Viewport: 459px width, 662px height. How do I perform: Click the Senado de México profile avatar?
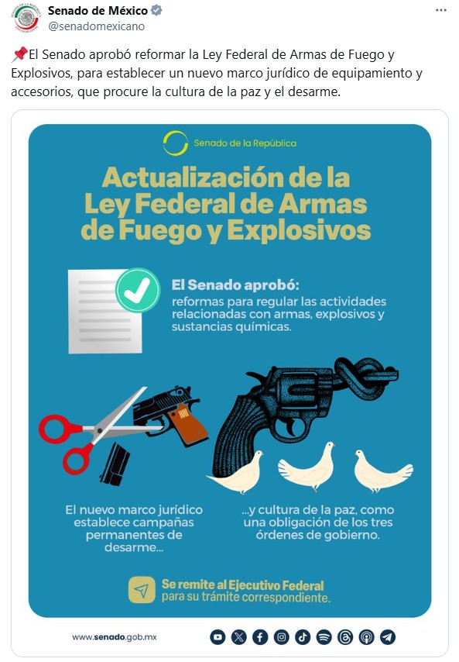26,18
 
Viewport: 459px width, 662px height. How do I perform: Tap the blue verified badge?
156,10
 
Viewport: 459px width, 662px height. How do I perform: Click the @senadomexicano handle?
97,26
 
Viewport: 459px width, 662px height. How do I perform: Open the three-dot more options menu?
441,10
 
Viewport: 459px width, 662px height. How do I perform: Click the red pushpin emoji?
19,54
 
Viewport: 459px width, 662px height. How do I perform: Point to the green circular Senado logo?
176,143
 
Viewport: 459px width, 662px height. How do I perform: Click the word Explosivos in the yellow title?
299,230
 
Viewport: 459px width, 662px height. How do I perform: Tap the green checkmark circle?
138,290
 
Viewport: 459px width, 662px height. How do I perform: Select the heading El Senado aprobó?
235,285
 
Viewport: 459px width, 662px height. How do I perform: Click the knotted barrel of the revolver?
366,378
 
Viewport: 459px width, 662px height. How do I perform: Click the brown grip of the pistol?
189,425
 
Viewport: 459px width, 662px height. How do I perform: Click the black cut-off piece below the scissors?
115,464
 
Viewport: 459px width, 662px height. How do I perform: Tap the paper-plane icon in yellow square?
142,590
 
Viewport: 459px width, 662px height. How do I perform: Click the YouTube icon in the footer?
218,637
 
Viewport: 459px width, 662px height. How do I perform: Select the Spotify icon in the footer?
324,637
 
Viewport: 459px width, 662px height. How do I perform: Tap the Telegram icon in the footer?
387,637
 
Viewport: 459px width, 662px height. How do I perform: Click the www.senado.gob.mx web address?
115,637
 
